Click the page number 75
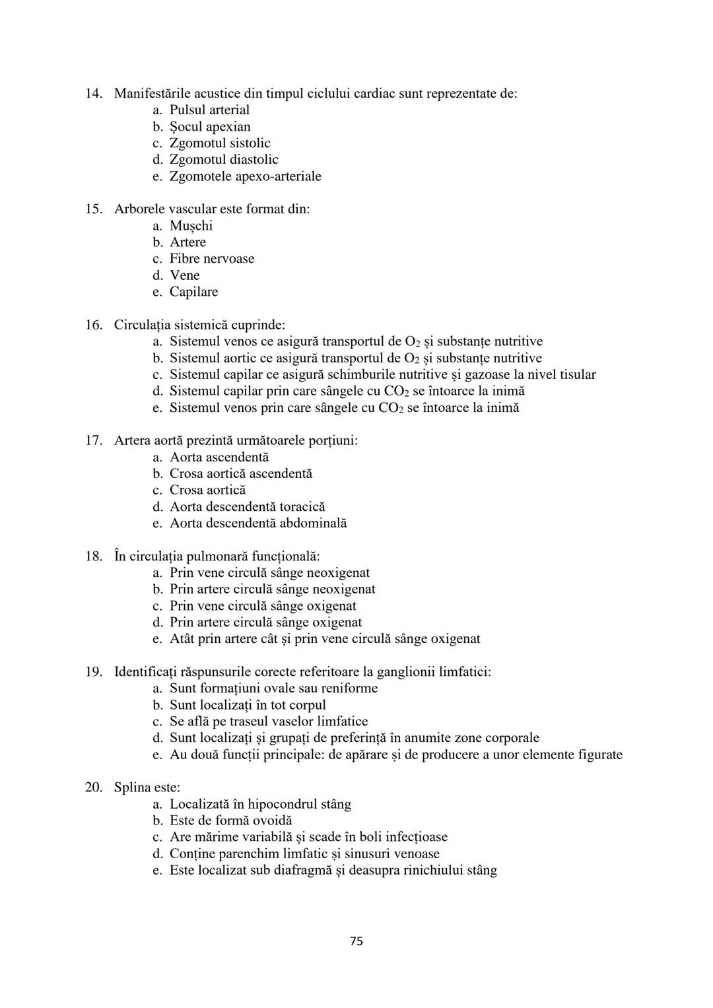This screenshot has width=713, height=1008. point(356,941)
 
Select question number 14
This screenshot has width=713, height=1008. point(93,94)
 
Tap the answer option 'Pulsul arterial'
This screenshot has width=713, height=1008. point(209,110)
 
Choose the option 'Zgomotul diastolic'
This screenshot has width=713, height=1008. point(224,160)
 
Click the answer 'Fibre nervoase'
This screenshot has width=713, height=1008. point(211,259)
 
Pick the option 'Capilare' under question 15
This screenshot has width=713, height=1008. point(193,292)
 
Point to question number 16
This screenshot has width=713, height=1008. point(93,325)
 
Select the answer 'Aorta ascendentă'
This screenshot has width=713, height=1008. point(219,457)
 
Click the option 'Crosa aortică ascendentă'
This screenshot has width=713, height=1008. point(241,474)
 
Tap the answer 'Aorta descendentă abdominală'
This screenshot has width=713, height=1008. point(258,523)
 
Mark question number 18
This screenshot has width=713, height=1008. point(93,556)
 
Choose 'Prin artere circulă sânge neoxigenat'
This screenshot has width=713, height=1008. point(272,589)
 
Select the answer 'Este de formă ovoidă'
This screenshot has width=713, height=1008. point(230,821)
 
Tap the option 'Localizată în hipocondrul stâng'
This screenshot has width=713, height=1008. point(260,804)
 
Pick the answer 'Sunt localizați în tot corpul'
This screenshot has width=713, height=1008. point(248,705)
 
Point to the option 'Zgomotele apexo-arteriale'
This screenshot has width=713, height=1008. point(245,176)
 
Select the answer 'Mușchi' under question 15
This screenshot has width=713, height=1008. point(191,226)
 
